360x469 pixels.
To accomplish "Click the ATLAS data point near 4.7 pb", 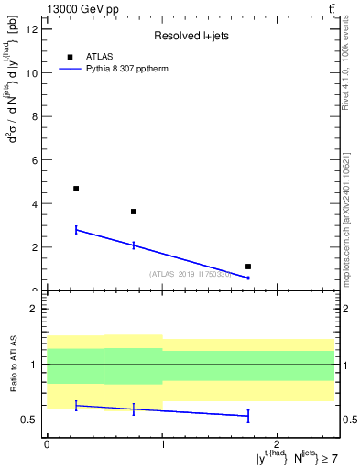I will tap(76, 189).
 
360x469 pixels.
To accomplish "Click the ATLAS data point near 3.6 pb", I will tap(134, 212).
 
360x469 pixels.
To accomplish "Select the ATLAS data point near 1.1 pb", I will tap(248, 267).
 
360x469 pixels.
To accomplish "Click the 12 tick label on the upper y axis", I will tap(33, 29).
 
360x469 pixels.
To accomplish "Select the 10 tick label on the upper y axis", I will tap(33, 72).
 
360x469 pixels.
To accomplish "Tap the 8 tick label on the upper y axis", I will tap(36, 116).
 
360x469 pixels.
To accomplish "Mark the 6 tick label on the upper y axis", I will tap(36, 159).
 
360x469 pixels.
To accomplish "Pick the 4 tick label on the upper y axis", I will tap(36, 203).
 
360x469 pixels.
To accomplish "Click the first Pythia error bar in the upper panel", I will tap(76, 230).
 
